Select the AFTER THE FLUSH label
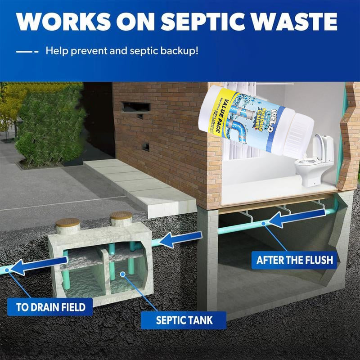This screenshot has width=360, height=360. (294, 260)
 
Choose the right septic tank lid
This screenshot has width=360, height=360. (121, 216)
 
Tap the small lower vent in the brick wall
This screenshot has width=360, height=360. (145, 147)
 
